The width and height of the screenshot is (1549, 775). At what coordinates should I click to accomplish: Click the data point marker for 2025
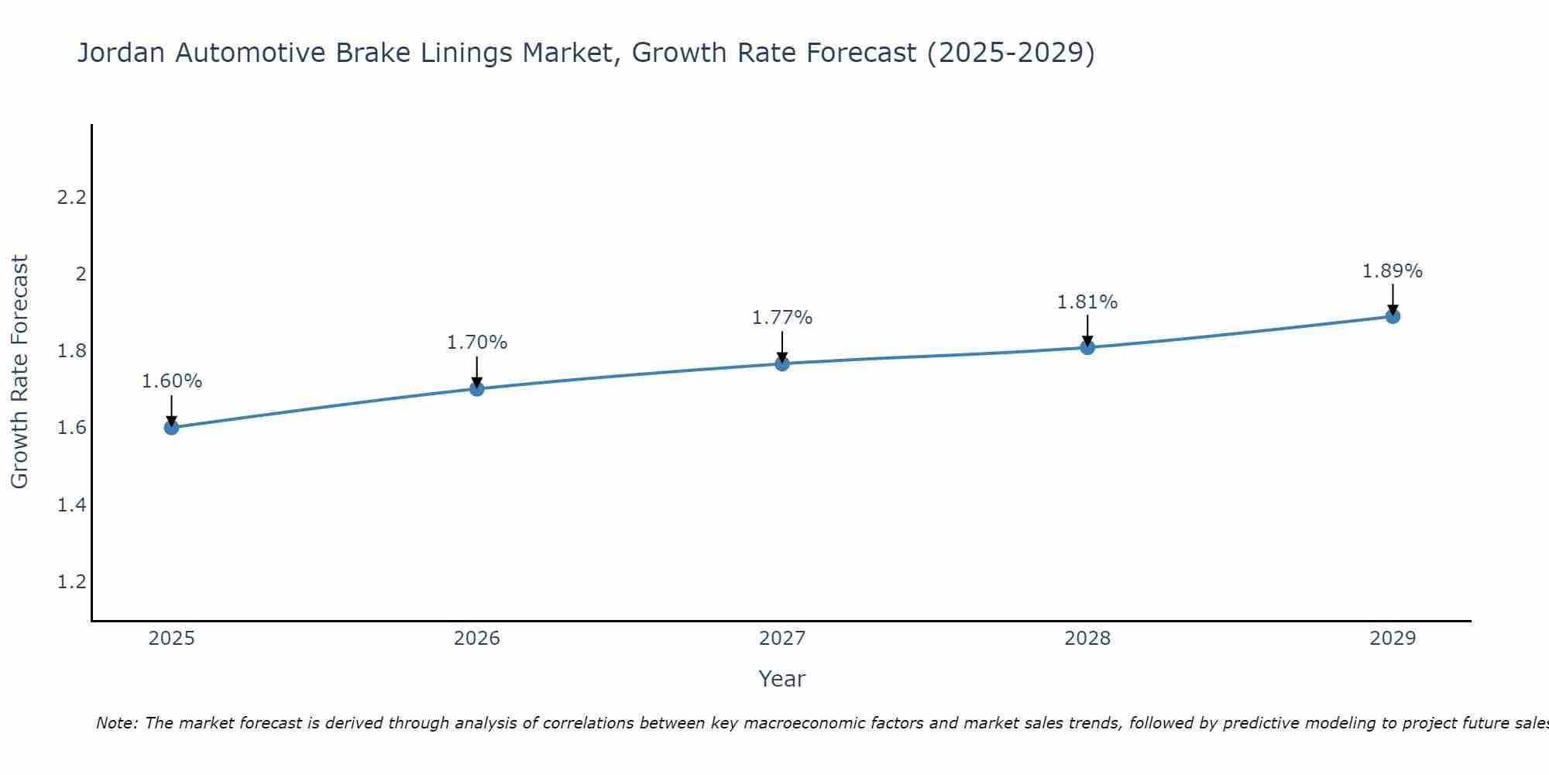click(171, 427)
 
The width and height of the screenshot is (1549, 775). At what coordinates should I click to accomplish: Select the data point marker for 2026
click(477, 388)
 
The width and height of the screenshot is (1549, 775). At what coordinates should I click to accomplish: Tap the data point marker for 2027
click(782, 363)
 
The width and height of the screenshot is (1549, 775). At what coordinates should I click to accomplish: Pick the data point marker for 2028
click(1087, 347)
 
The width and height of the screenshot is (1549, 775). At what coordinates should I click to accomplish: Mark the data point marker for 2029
click(1393, 316)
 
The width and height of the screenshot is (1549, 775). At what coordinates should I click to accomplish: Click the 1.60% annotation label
click(171, 381)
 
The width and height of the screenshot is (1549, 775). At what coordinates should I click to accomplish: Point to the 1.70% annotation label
click(477, 343)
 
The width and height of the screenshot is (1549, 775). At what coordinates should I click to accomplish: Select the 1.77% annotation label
click(782, 318)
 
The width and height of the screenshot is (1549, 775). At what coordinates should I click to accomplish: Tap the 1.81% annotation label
click(1087, 302)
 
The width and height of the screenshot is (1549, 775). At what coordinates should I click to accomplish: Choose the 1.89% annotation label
click(1393, 271)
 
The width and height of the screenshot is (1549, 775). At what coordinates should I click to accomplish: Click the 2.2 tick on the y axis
click(71, 198)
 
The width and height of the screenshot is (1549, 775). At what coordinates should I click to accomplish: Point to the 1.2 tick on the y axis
click(71, 582)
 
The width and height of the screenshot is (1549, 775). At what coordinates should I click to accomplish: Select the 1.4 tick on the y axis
click(71, 505)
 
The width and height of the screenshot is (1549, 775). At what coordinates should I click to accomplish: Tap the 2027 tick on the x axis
click(782, 639)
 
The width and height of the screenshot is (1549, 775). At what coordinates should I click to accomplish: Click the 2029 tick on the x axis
click(1393, 639)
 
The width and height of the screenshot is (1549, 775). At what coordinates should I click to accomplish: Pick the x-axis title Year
click(782, 679)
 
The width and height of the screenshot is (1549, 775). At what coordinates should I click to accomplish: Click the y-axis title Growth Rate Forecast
click(19, 372)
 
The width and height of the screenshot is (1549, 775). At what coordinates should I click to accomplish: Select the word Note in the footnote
click(116, 723)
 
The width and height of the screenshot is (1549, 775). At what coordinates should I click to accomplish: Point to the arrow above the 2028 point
click(1087, 329)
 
